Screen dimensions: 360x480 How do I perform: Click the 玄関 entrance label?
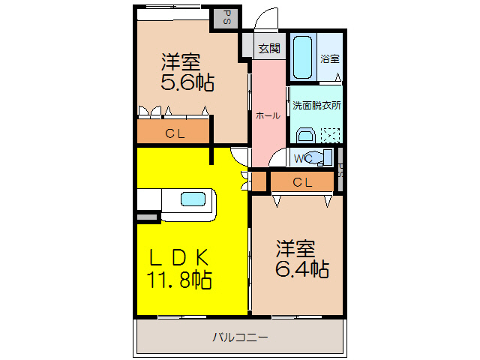tap(268, 49)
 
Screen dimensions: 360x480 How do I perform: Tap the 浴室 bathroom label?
tap(329, 58)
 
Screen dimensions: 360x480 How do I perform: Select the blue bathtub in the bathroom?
tap(303, 57)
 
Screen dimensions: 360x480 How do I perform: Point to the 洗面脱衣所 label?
tap(315, 105)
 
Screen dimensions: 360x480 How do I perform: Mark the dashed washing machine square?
tap(330, 135)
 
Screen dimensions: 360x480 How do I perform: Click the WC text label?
tap(302, 158)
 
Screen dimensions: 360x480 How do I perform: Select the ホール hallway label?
tap(268, 115)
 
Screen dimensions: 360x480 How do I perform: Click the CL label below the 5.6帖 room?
tap(175, 134)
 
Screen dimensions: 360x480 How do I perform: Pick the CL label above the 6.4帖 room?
tap(302, 181)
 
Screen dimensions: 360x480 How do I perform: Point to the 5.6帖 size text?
tap(187, 82)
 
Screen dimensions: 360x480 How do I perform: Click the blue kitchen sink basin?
tap(191, 199)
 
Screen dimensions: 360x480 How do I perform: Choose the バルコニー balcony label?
tap(239, 337)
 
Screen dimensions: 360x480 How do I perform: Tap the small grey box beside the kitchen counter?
tap(148, 217)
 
